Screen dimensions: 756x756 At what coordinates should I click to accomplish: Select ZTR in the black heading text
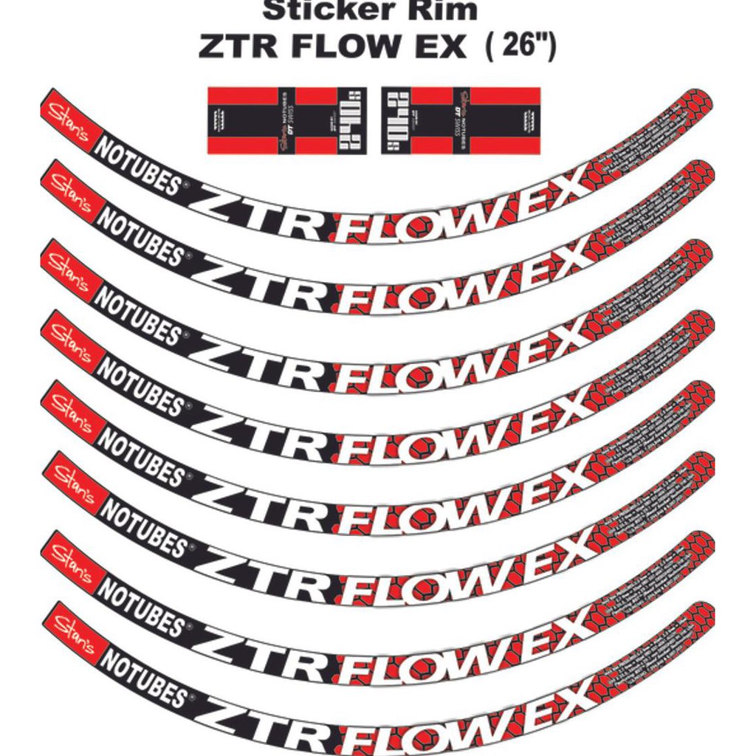pos(240,47)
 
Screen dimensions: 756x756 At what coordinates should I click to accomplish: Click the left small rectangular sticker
pos(286,120)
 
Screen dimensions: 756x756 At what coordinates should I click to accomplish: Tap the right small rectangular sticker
pos(460,120)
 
